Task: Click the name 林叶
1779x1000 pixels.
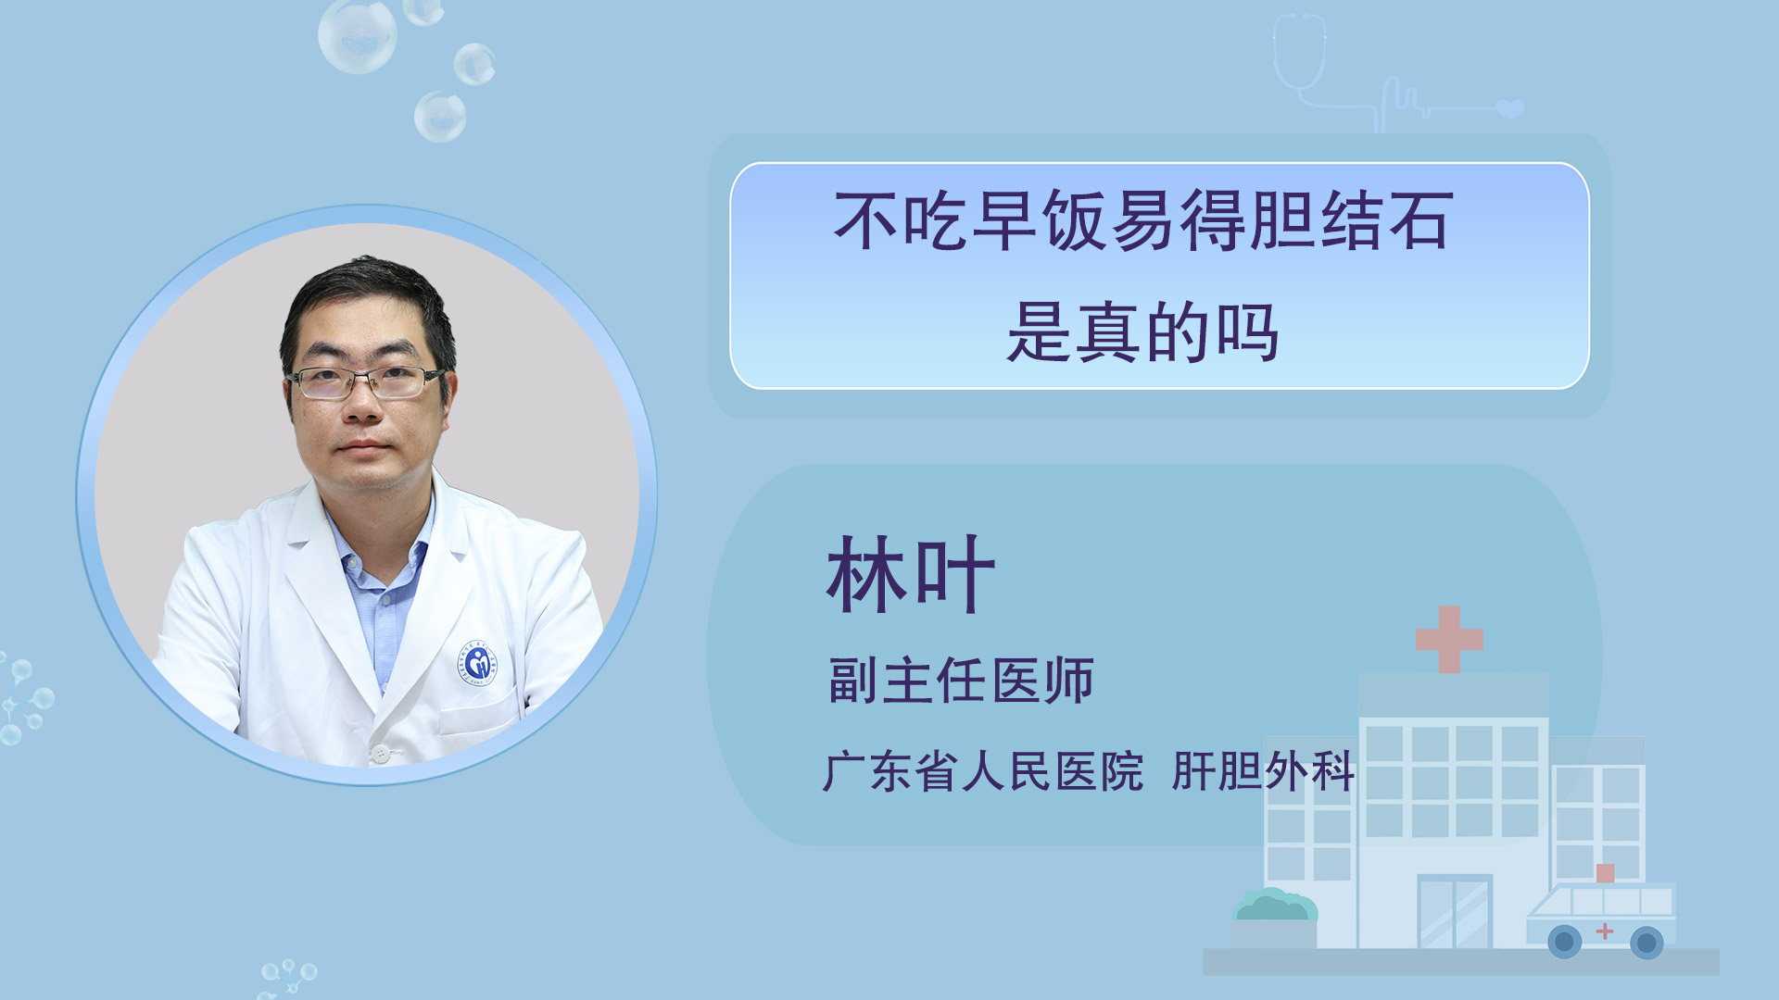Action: (911, 574)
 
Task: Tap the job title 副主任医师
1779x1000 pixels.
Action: (961, 681)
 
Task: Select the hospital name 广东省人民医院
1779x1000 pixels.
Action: (983, 771)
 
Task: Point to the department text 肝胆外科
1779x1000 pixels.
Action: (1263, 771)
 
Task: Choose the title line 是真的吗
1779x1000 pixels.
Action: (1143, 332)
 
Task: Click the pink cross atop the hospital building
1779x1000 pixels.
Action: (1449, 639)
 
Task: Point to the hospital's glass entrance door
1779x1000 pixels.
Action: (1455, 912)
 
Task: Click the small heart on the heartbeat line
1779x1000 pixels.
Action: (1510, 108)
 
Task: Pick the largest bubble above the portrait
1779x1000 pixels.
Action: (358, 35)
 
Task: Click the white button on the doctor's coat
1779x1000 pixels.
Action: (380, 754)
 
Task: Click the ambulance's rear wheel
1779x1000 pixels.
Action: (1565, 943)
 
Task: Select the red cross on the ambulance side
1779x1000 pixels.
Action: (1605, 931)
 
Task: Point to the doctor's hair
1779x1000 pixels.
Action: (369, 296)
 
